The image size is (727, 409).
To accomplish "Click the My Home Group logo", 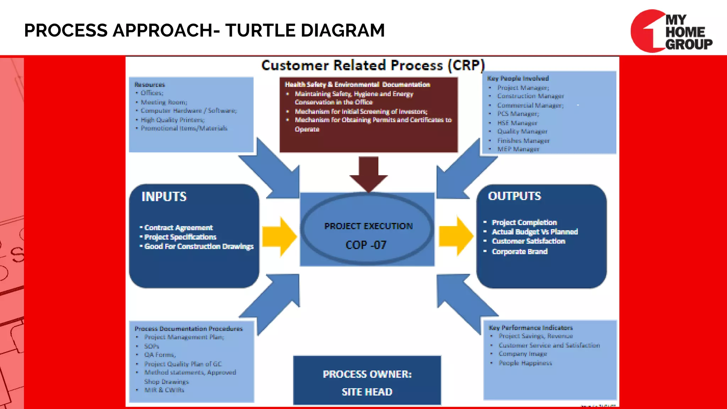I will coord(671,31).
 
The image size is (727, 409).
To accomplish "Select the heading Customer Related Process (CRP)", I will coord(373,65).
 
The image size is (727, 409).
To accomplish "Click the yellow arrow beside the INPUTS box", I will coord(279,236).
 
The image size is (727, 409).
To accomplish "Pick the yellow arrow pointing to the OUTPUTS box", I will coord(456,236).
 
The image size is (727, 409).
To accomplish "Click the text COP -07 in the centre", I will coord(366,245).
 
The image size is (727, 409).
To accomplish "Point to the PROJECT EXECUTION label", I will coord(368,226).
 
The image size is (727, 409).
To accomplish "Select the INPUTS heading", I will coord(164,197).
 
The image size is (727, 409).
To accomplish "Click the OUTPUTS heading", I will coord(514,196).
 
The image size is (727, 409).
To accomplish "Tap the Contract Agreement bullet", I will coord(178,228).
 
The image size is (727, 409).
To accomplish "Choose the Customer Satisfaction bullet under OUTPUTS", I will coord(528,241).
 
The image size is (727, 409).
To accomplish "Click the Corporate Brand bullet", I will coord(519,251).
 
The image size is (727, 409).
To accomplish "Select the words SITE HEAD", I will coord(367,392).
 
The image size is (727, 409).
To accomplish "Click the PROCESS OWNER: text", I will coord(367,374).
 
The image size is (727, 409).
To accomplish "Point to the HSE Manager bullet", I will coord(517,123).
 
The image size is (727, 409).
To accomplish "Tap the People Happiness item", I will coord(525,363).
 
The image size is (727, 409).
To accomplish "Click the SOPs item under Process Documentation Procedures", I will coord(152,346).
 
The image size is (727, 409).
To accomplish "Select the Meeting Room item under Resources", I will coord(164,102).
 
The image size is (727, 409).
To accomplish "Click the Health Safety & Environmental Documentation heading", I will coord(357,84).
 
